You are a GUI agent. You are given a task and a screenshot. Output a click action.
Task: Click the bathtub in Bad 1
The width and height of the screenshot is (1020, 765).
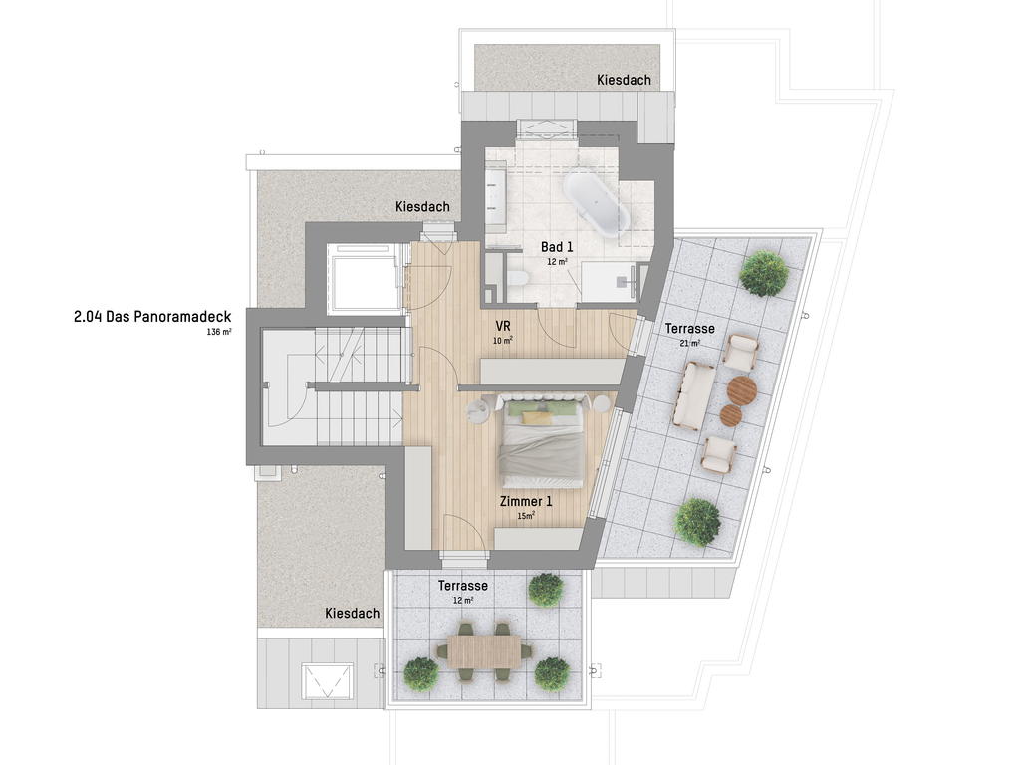596,203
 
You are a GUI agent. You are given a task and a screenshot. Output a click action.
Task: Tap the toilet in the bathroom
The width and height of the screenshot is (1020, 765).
517,279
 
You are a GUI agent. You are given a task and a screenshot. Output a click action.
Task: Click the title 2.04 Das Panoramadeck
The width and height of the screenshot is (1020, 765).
152,317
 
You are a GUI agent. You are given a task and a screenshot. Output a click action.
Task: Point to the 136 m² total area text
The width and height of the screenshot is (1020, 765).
219,331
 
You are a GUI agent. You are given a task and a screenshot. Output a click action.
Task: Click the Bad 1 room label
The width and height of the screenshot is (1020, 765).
557,247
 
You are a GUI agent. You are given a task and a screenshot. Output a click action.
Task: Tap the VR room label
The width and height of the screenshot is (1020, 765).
503,326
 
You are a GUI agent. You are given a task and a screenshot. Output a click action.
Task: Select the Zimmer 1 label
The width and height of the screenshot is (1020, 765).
526,502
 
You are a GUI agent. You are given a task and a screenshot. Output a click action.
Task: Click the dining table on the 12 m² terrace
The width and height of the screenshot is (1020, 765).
484,650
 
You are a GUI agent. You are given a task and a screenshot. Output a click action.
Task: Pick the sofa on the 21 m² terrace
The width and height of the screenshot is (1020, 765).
694,395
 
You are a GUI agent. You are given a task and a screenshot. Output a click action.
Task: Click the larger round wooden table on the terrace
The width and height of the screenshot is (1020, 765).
742,390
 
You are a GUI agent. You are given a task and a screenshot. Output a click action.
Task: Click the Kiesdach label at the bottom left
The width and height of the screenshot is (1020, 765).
352,614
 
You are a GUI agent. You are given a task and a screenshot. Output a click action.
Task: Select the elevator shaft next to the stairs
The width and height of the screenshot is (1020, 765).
364,279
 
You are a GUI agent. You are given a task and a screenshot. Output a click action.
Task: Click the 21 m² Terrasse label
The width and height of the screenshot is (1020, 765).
689,329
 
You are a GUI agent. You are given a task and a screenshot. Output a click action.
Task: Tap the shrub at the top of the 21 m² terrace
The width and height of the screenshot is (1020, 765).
764,273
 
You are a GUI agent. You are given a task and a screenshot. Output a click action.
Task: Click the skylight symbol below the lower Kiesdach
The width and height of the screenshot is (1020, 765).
328,681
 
